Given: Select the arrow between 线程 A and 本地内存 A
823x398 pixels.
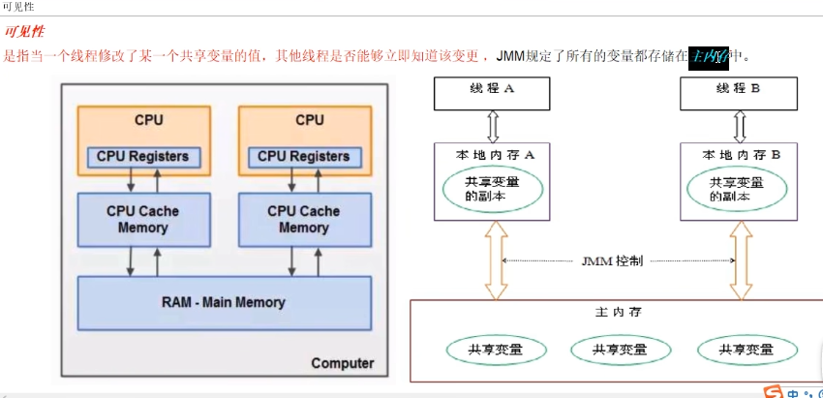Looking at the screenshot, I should point(492,125).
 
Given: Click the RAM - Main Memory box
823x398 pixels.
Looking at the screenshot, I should point(224,302).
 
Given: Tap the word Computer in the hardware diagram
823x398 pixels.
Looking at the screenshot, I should point(342,363).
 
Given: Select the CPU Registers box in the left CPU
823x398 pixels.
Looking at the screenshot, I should point(142,156).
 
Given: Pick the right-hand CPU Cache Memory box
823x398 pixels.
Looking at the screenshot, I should point(303,219).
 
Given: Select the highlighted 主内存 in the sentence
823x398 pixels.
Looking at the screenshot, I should point(708,56).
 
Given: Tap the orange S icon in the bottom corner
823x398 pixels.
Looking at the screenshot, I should point(773,392).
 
